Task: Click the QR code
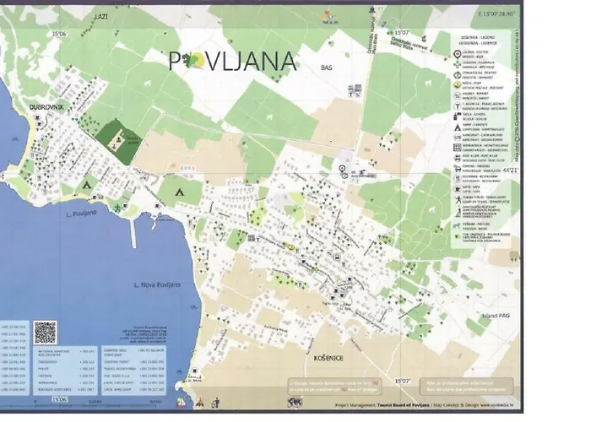point(45,332)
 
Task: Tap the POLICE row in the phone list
point(17,368)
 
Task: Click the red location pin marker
point(342,170)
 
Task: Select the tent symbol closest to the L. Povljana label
point(85,183)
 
